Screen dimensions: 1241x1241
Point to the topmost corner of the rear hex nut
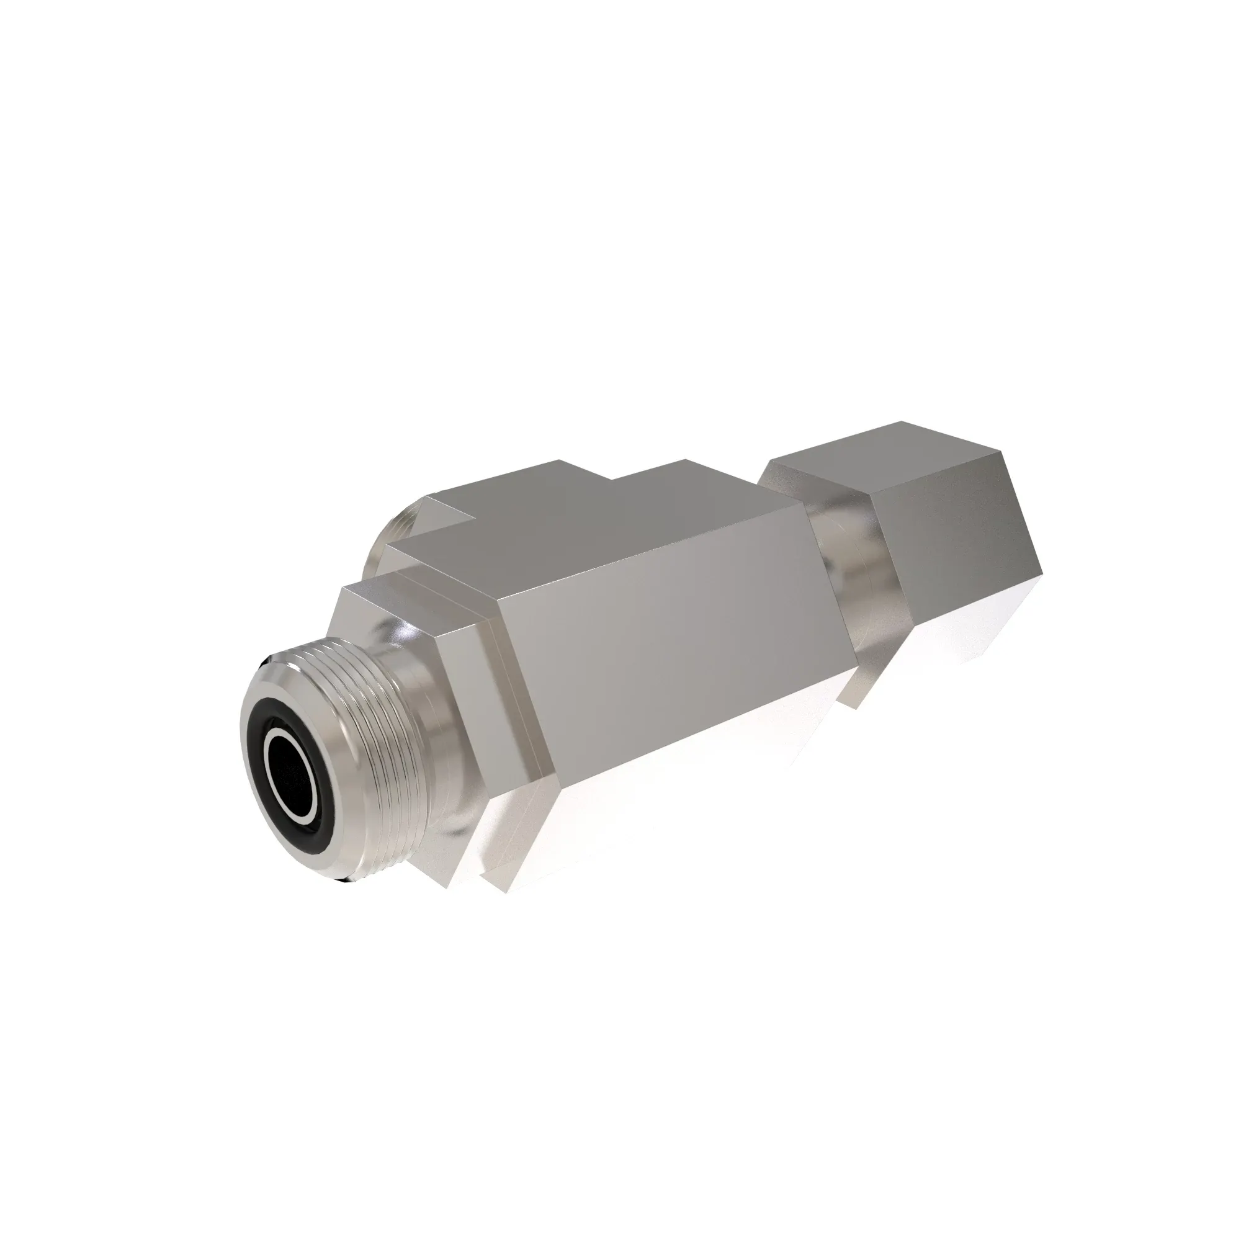pyautogui.click(x=900, y=423)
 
